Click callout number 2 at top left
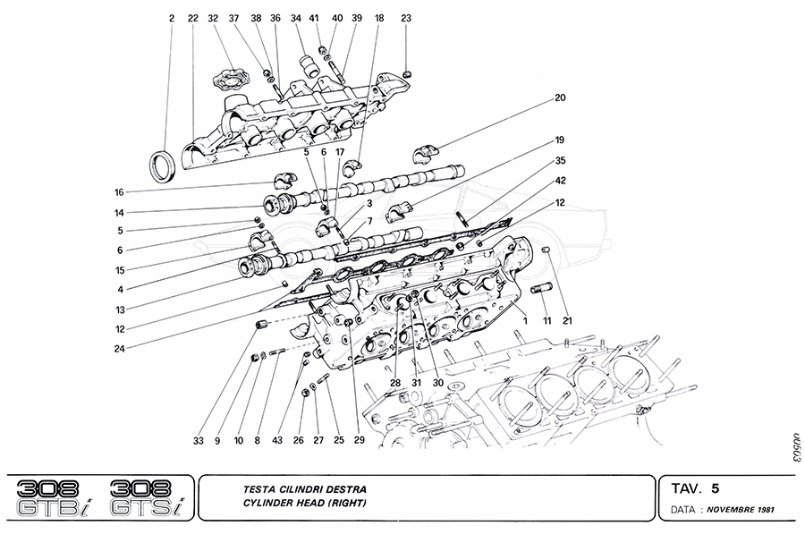pos(171,18)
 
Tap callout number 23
pos(406,18)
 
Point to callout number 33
pos(198,439)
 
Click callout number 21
pos(566,319)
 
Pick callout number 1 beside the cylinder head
pos(526,319)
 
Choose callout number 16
pos(118,192)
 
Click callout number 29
pos(359,439)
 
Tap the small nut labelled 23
pos(408,72)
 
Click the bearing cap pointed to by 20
pos(427,151)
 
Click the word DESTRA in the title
pos(341,489)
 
